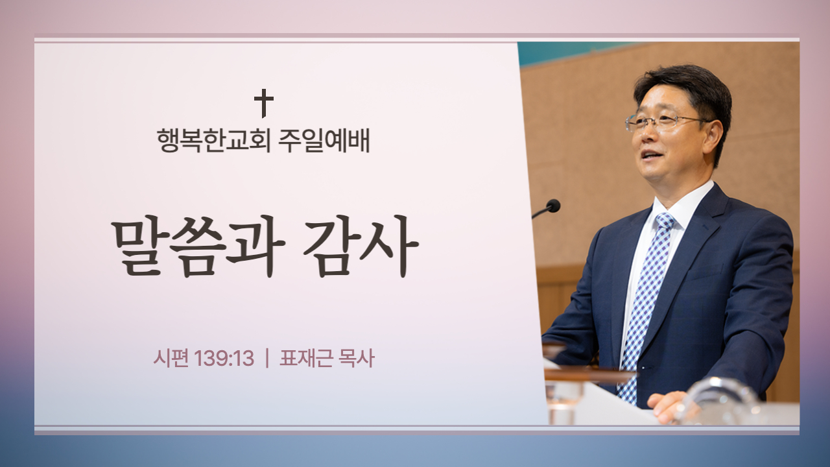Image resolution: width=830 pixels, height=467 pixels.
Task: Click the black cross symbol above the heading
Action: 264,103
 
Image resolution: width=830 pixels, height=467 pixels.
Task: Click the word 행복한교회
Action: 213,141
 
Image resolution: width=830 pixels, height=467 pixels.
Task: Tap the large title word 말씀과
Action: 198,246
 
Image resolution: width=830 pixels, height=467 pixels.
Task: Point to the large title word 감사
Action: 361,246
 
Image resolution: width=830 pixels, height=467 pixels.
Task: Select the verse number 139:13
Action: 224,359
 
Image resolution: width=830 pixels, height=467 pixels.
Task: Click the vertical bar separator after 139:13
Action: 267,359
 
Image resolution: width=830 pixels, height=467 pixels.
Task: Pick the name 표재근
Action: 305,359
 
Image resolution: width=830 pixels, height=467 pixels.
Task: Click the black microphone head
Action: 553,206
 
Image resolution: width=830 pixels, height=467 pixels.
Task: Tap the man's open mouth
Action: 652,155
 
